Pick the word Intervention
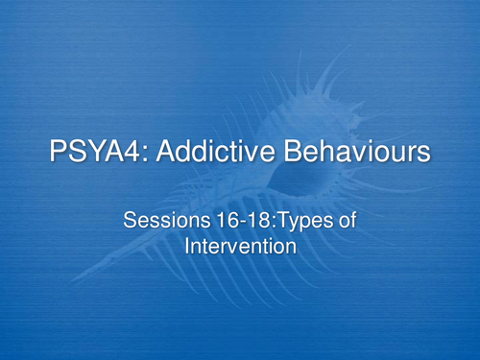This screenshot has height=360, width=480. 240,247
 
